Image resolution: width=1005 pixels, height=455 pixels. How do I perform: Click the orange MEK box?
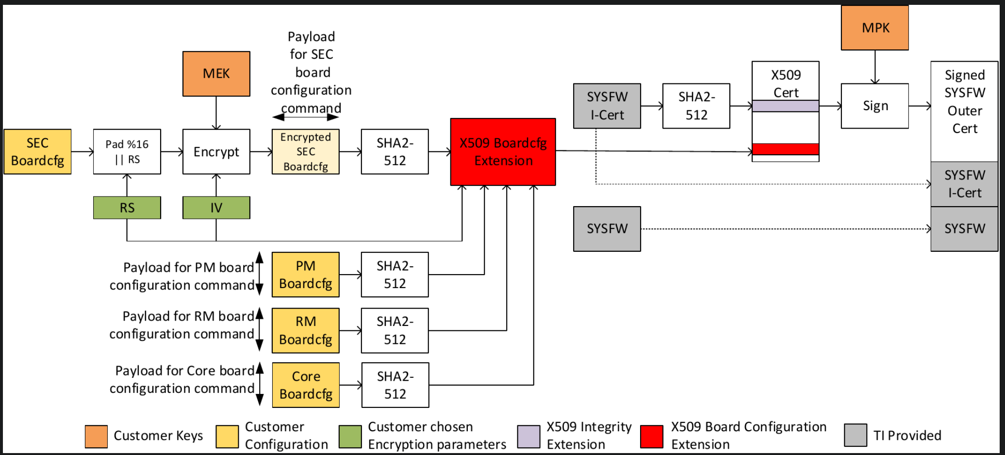(x=216, y=74)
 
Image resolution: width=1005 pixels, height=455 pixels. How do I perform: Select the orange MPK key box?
(x=875, y=28)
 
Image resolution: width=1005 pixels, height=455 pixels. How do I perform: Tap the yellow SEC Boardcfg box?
(x=37, y=151)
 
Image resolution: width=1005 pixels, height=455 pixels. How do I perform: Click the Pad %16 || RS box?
(x=127, y=151)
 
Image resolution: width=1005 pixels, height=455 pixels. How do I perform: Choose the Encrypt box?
(x=216, y=151)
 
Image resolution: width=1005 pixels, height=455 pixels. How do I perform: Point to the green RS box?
(x=127, y=208)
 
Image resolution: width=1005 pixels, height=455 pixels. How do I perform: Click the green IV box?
(x=216, y=208)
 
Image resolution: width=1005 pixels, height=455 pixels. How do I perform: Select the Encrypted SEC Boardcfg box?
(x=306, y=151)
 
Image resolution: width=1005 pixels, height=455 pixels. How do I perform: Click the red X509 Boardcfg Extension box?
(x=503, y=152)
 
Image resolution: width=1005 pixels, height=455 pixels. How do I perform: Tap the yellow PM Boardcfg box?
(x=306, y=275)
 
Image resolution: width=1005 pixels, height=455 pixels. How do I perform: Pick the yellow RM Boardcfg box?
(x=306, y=330)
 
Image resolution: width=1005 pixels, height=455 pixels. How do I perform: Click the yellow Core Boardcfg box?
(x=306, y=385)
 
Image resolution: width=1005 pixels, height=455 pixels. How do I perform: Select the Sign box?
(x=875, y=106)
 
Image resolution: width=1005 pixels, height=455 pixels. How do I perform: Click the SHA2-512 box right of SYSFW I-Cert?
(x=696, y=106)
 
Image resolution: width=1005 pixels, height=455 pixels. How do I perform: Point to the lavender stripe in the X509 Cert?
(x=786, y=106)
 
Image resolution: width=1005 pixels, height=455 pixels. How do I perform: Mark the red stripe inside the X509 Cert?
(x=786, y=149)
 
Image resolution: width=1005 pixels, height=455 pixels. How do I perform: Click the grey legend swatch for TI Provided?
(x=856, y=435)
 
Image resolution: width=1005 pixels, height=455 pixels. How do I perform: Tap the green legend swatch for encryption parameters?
(x=350, y=437)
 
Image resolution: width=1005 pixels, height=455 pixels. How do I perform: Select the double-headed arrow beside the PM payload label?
(x=260, y=274)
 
